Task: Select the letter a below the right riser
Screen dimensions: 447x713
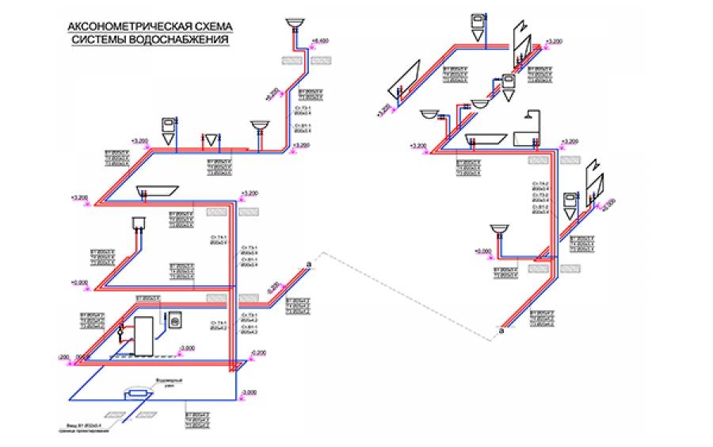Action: click(501, 333)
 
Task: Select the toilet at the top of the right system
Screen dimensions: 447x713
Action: click(478, 24)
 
